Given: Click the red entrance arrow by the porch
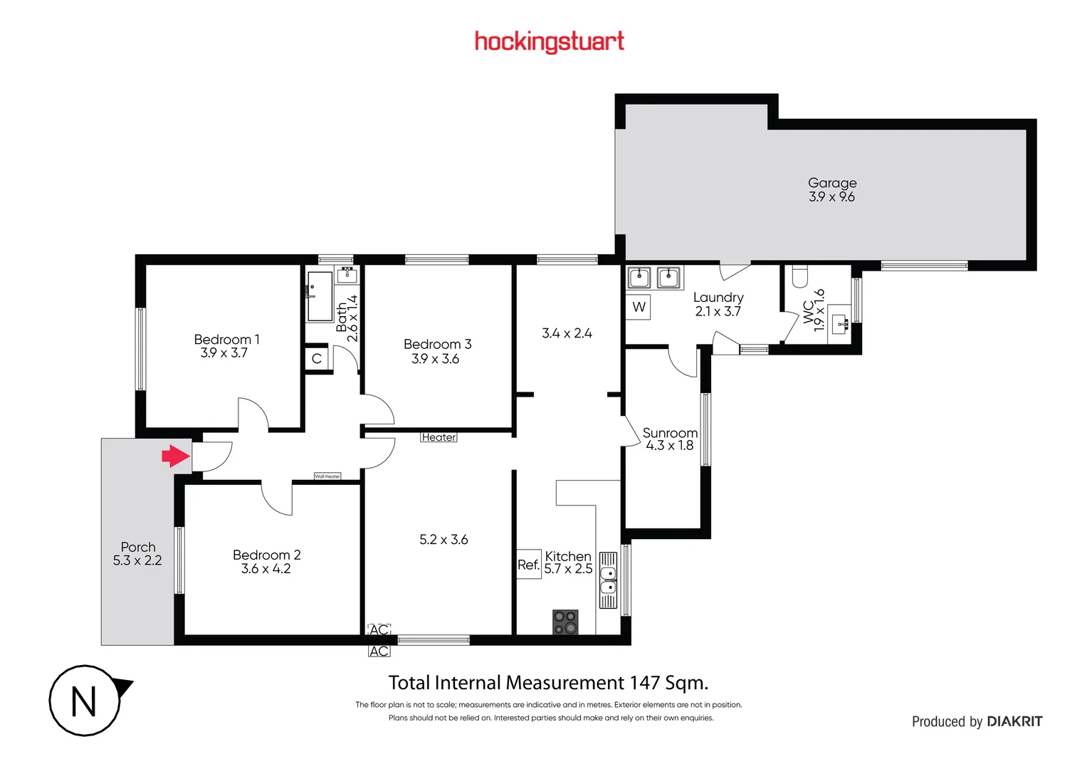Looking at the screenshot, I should (176, 456).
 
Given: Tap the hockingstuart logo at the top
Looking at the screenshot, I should (549, 42).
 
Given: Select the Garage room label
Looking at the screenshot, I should (831, 183).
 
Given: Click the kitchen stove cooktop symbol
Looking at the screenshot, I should (565, 622).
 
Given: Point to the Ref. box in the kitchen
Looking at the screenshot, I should (528, 565).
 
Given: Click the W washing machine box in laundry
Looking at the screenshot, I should (639, 307).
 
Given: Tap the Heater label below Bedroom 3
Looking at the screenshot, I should (439, 437).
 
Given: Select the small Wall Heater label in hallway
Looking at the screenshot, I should (327, 476).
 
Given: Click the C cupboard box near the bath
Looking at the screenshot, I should (317, 359).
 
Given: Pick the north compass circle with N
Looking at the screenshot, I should (85, 701).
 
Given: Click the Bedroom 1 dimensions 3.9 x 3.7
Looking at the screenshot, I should (224, 353).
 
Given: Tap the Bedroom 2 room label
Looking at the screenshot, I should (266, 555).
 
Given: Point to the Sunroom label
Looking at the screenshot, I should (669, 433).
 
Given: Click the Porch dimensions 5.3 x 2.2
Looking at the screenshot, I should (137, 561).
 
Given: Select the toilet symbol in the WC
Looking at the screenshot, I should (800, 276).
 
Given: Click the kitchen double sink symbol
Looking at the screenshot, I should (608, 580).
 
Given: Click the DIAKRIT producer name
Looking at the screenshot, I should (1014, 721).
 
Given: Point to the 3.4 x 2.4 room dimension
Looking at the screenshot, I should (567, 333).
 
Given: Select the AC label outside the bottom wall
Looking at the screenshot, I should (379, 652).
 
